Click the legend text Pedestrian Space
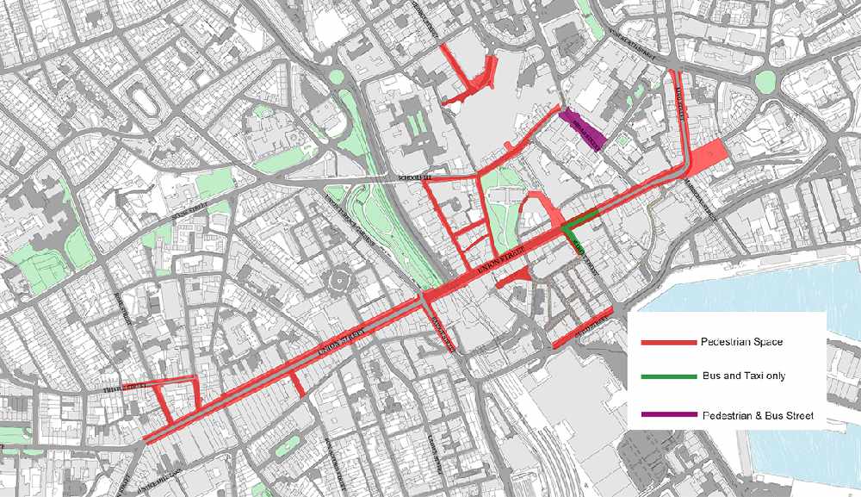coord(742,342)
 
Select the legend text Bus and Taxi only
coord(743,376)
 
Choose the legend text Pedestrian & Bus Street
coord(758,416)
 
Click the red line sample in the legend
coord(668,343)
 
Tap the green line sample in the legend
coord(668,377)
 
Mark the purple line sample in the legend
coord(668,416)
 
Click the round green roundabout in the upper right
coord(765,82)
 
